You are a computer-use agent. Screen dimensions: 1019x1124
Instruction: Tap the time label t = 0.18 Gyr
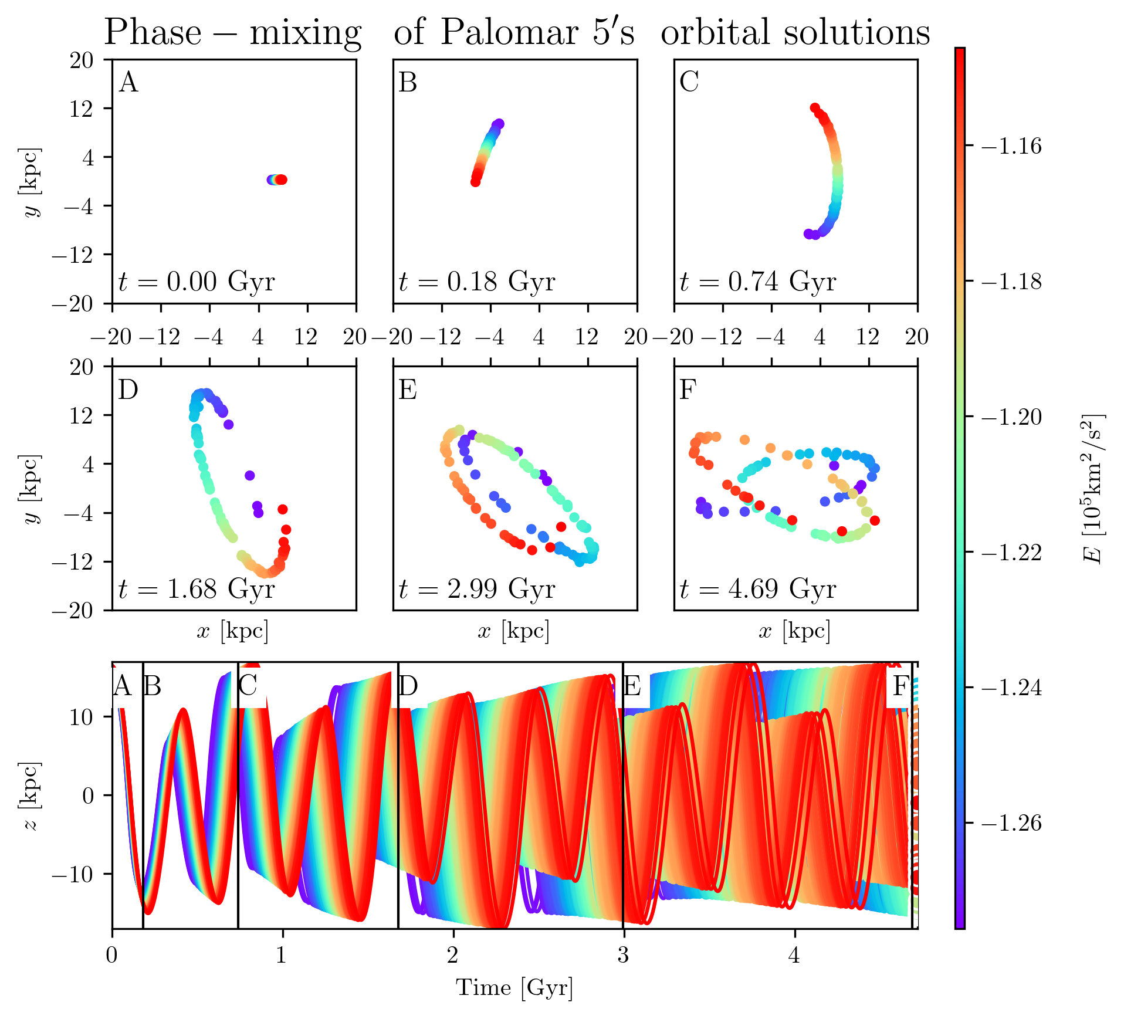click(x=476, y=282)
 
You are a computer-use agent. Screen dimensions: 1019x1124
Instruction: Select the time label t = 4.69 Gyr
click(x=757, y=588)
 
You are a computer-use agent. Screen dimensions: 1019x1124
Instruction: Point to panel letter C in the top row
click(x=689, y=82)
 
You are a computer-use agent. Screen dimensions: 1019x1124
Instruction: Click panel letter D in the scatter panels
click(x=128, y=390)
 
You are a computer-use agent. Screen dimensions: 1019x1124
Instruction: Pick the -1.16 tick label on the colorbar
click(x=1011, y=146)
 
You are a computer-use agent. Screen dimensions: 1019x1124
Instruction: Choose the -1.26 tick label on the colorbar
click(x=1011, y=823)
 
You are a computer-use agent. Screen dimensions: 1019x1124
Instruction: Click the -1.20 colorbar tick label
click(x=1011, y=417)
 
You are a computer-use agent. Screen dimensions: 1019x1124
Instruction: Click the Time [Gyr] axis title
click(x=514, y=987)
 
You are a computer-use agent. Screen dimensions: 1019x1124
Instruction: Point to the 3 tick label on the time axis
click(x=623, y=956)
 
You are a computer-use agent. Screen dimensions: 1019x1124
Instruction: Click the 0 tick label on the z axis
click(x=88, y=795)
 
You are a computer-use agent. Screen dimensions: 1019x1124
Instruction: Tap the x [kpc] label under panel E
click(x=514, y=631)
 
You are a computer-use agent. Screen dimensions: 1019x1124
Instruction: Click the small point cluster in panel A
click(x=277, y=180)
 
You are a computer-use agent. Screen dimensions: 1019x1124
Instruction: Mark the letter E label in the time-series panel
click(x=632, y=686)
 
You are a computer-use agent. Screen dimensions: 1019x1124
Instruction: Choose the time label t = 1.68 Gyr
click(x=197, y=588)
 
